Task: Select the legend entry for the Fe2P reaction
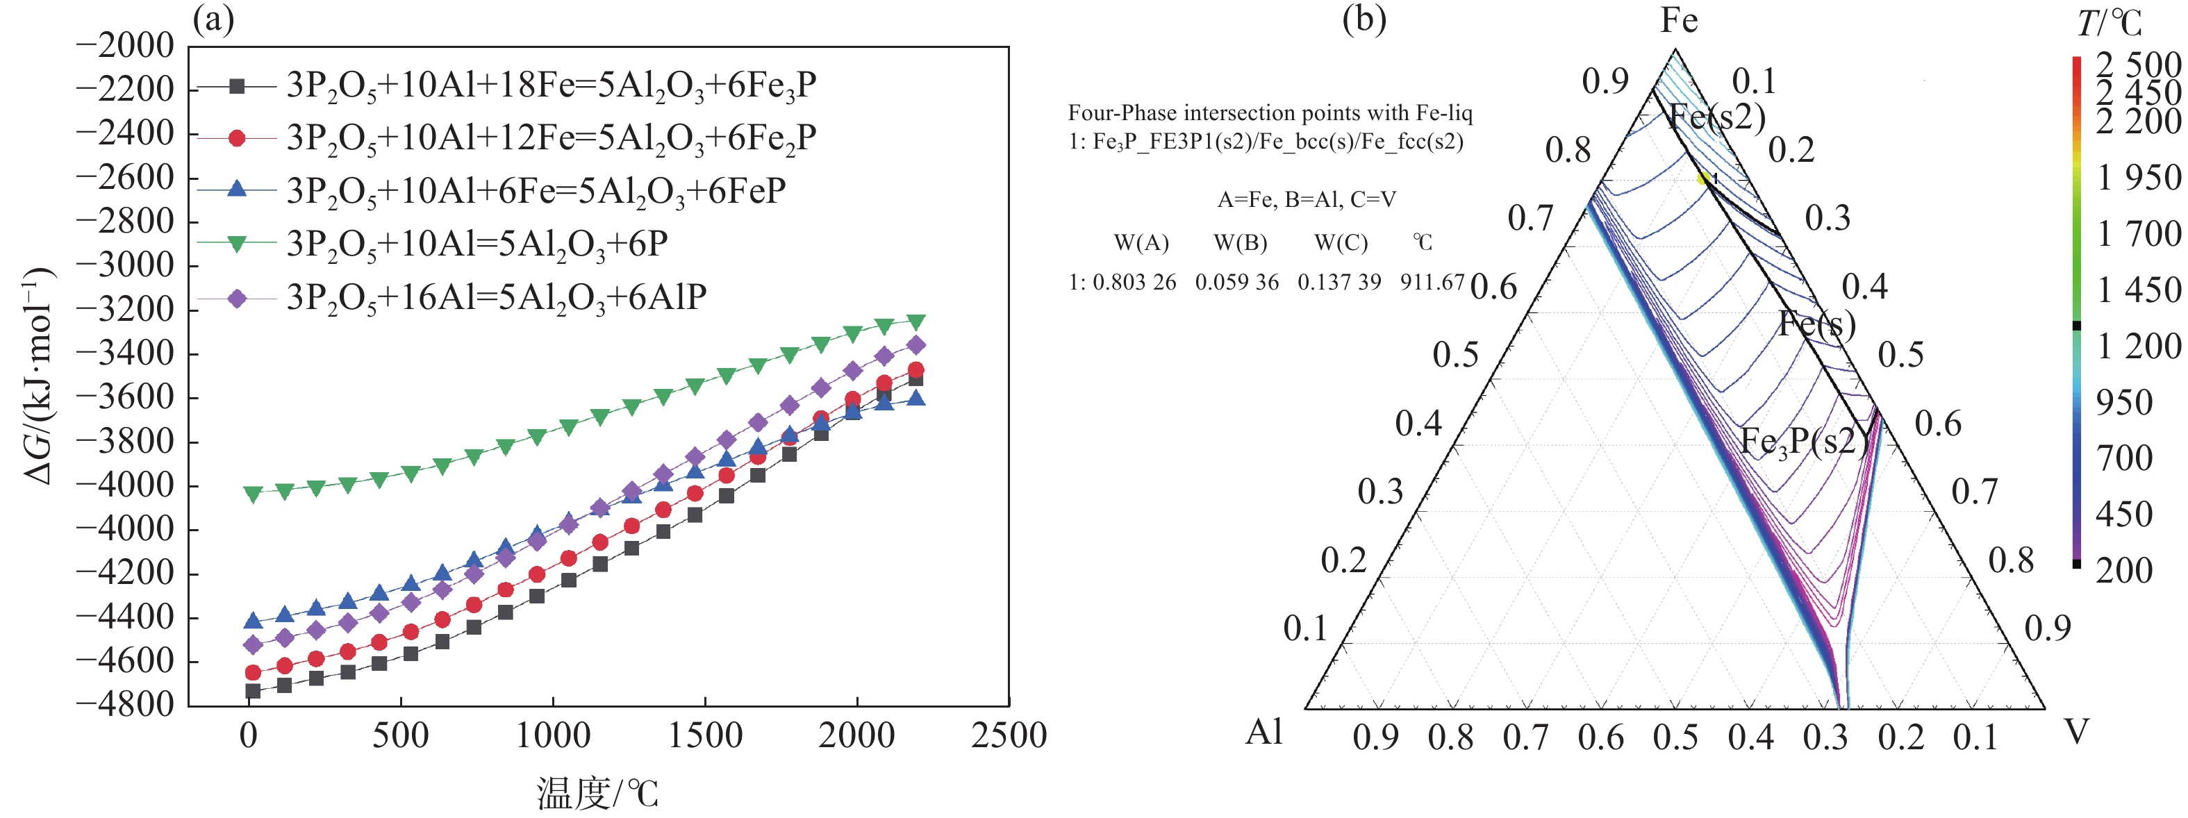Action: click(550, 138)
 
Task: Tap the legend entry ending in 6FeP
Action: click(535, 191)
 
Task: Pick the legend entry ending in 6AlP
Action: click(496, 297)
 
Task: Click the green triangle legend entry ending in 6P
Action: click(476, 244)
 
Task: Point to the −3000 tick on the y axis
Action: click(125, 265)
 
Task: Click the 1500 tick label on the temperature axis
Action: click(705, 735)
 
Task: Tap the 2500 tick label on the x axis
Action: click(1008, 735)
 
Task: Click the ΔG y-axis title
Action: click(38, 376)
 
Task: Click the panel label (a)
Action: click(213, 19)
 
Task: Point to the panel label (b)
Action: click(1364, 19)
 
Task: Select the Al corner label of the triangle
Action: click(1265, 731)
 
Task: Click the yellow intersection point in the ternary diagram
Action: click(1703, 178)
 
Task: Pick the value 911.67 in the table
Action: click(1432, 282)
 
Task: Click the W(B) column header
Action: click(1240, 244)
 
